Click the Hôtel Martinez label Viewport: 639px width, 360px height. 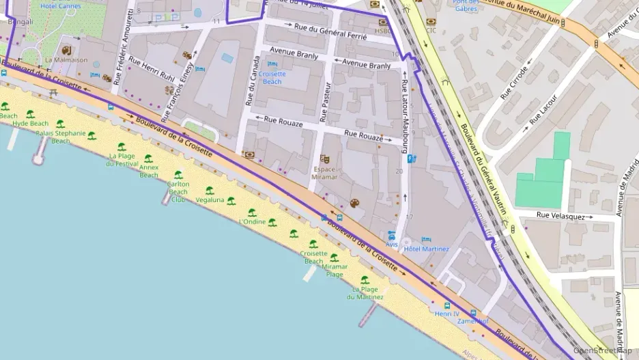[x=426, y=249]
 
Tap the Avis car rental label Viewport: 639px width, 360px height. [x=391, y=244]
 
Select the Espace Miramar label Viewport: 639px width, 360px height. [x=324, y=173]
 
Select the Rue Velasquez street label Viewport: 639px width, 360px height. [x=560, y=215]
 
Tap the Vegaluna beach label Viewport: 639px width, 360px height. [x=210, y=200]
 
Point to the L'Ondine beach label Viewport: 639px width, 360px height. [x=252, y=221]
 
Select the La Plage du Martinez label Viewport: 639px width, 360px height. [x=364, y=293]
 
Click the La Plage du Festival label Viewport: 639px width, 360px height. [x=123, y=160]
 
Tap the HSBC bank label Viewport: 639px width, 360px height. [x=384, y=31]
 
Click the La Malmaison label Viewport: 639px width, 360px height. [x=66, y=59]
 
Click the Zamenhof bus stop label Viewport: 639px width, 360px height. [x=473, y=320]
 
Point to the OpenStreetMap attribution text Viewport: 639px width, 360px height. [x=602, y=350]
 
